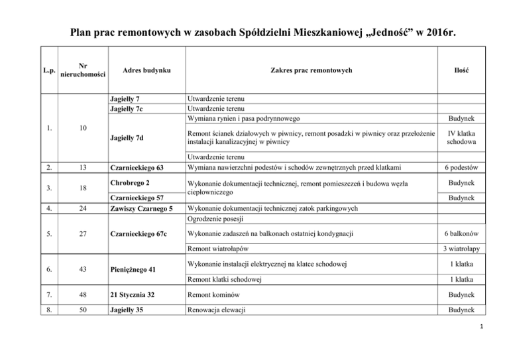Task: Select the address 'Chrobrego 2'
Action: (x=129, y=182)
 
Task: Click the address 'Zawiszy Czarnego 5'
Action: (x=141, y=209)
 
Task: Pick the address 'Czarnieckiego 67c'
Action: (x=138, y=234)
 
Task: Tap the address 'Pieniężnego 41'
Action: (x=133, y=271)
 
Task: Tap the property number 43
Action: (x=80, y=271)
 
